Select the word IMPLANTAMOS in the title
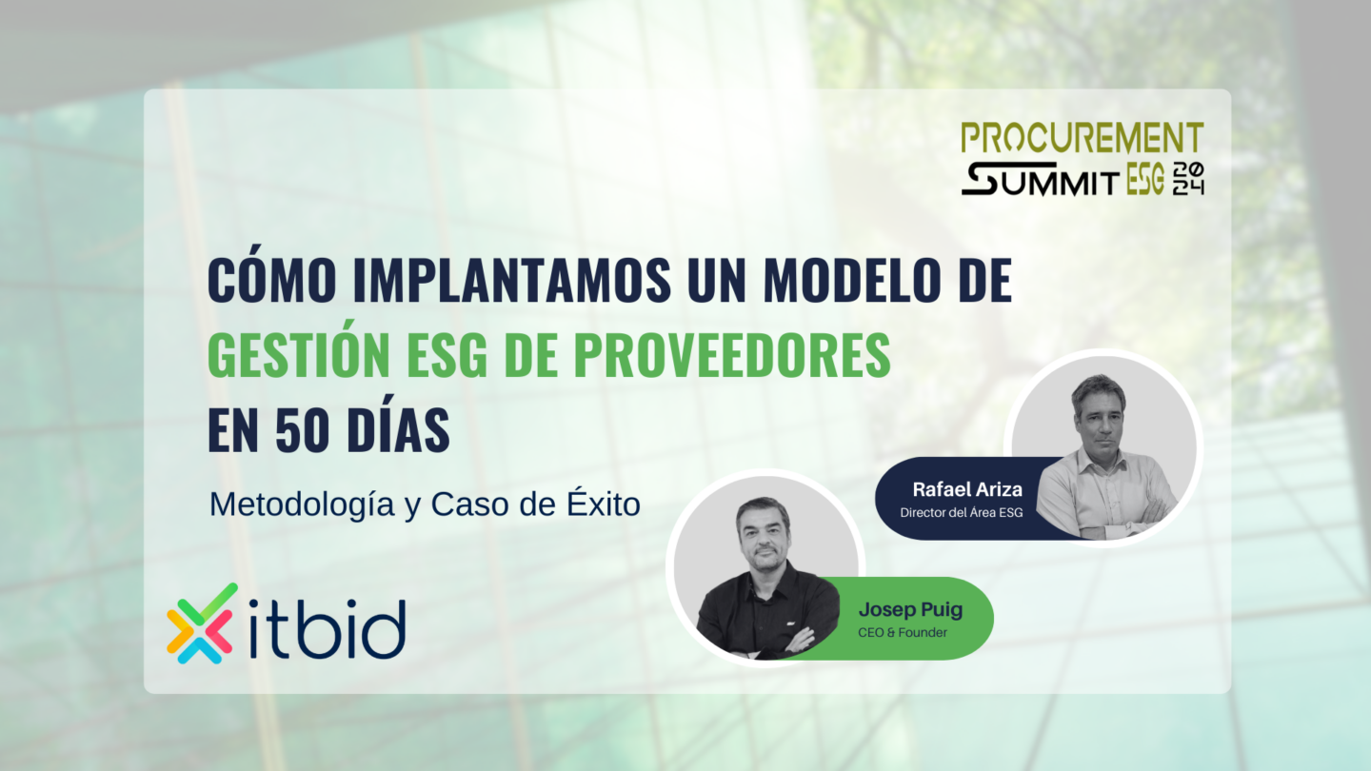pyautogui.click(x=512, y=280)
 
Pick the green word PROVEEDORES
pyautogui.click(x=732, y=355)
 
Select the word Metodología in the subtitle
pyautogui.click(x=302, y=505)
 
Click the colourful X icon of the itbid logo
pyautogui.click(x=201, y=623)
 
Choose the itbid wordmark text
pyautogui.click(x=328, y=628)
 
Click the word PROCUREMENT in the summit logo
pyautogui.click(x=1083, y=138)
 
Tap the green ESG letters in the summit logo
pyautogui.click(x=1145, y=179)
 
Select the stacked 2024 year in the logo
pyautogui.click(x=1188, y=179)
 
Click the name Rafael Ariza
pyautogui.click(x=967, y=489)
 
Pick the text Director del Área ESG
pyautogui.click(x=961, y=512)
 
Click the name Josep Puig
pyautogui.click(x=911, y=609)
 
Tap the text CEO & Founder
pyautogui.click(x=903, y=633)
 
